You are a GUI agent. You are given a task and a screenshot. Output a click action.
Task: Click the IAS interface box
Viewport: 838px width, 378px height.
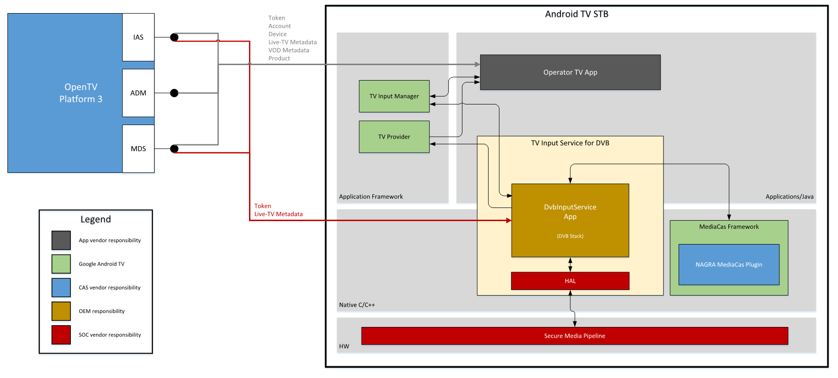click(138, 37)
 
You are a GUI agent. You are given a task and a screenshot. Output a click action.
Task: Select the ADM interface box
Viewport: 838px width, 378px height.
click(138, 93)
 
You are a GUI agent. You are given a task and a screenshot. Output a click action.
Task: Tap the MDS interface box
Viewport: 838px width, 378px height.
click(138, 148)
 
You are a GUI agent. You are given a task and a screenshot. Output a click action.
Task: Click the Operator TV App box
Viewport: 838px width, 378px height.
click(570, 72)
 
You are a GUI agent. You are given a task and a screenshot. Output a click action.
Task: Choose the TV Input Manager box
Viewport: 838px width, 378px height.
click(394, 96)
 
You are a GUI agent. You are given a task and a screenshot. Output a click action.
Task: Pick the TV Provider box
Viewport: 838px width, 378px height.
click(394, 137)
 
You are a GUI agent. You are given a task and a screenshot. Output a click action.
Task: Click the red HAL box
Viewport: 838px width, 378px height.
click(570, 281)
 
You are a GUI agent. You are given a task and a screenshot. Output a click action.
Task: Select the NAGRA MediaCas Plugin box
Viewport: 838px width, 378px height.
click(729, 265)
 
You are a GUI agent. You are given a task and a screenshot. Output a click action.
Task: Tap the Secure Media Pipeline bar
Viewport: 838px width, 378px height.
click(574, 336)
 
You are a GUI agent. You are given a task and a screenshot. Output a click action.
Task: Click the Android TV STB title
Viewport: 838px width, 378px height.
click(576, 14)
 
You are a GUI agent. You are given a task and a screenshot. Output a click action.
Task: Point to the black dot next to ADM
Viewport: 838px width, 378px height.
click(174, 93)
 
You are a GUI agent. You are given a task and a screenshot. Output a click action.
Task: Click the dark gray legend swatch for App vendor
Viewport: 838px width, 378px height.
click(61, 240)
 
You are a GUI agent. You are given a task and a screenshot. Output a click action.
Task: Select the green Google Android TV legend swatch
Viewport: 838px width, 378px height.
click(61, 264)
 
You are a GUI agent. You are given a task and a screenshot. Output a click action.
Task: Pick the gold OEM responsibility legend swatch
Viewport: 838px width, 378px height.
click(61, 311)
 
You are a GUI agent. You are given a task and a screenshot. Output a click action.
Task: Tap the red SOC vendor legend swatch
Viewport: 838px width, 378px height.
click(61, 335)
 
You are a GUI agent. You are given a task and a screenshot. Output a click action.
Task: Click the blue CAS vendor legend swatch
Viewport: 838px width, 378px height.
click(61, 288)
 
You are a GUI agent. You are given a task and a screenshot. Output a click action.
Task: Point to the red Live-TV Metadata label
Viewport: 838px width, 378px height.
click(279, 214)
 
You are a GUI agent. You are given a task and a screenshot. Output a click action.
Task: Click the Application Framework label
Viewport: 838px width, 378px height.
click(371, 197)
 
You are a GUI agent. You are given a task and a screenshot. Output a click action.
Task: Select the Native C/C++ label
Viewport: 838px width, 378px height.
click(357, 305)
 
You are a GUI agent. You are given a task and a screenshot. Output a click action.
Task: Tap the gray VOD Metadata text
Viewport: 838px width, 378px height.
click(289, 50)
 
